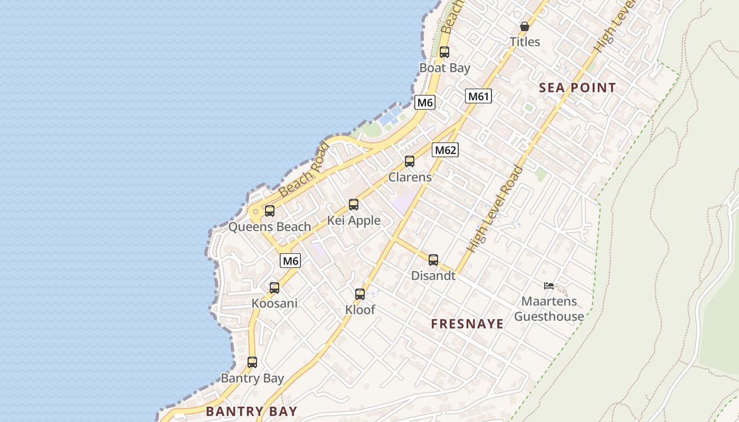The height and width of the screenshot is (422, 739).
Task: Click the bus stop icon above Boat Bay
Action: (444, 52)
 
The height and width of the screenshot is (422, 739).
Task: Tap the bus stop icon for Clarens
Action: (410, 161)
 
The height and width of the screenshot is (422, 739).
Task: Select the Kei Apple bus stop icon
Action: (354, 205)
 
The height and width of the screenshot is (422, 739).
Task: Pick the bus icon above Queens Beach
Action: (270, 211)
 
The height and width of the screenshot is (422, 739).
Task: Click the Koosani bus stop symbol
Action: (274, 288)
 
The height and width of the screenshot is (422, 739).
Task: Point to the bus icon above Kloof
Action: (360, 294)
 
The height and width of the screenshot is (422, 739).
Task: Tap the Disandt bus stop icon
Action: (433, 260)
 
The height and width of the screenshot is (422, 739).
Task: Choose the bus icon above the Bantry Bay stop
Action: (252, 362)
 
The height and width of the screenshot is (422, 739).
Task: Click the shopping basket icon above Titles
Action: (525, 26)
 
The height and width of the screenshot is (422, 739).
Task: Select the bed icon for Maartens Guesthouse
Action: (549, 286)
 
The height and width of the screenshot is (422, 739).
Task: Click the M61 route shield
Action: (479, 96)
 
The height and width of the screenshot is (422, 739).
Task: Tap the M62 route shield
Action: (445, 150)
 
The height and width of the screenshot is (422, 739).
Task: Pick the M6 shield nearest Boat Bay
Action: (425, 102)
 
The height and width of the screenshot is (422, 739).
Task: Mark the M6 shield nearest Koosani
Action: (290, 261)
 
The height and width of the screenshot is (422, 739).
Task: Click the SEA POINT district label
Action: (577, 88)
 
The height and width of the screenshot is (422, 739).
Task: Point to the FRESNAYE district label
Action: (467, 324)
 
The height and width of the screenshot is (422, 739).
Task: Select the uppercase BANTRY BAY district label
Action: (251, 411)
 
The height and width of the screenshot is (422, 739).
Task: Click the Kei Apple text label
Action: (354, 220)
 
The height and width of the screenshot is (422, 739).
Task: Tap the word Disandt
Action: (433, 275)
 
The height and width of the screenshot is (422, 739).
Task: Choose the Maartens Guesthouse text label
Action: (549, 309)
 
